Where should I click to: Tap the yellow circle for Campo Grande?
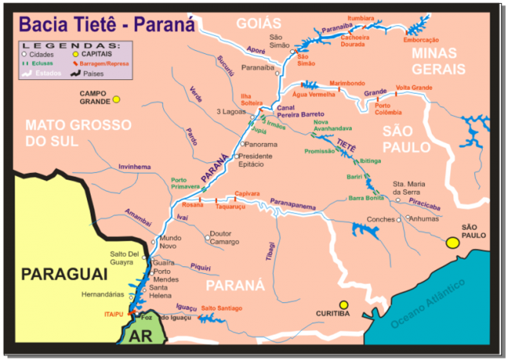(x=116, y=99)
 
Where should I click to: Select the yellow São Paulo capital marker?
(x=453, y=243)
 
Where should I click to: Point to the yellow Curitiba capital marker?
(x=345, y=305)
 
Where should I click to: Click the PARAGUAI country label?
(x=61, y=274)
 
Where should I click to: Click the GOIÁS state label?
(x=259, y=22)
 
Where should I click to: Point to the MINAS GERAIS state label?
(x=439, y=61)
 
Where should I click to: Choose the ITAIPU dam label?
(x=115, y=315)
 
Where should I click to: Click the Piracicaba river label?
(x=436, y=206)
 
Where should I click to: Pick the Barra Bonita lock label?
(x=366, y=198)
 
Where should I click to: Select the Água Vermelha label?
(x=310, y=94)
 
